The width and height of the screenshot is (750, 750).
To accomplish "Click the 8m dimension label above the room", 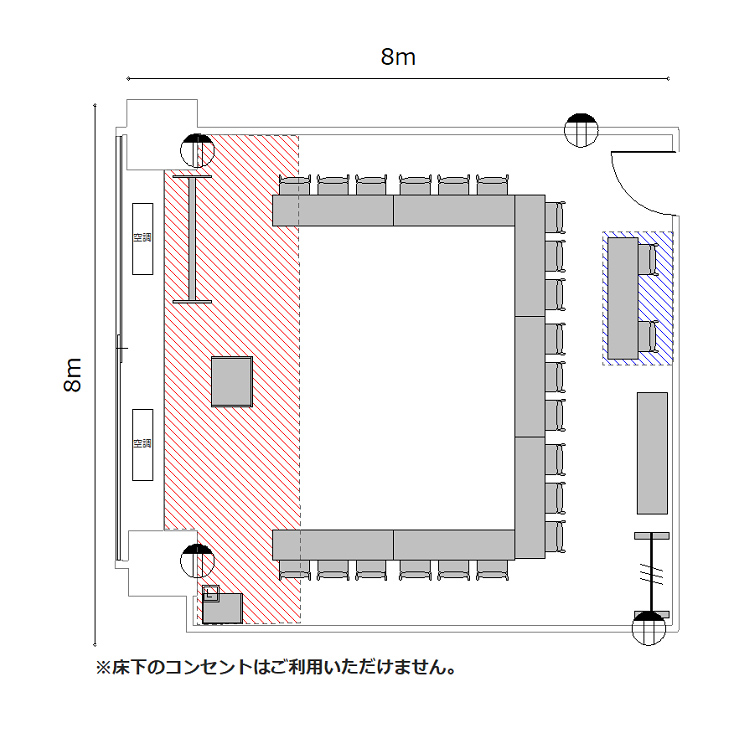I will (x=398, y=57).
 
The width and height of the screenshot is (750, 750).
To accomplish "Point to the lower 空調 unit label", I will (x=142, y=443).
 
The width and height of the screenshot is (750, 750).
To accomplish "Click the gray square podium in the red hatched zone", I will (x=231, y=381).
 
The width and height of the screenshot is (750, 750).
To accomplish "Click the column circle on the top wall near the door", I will (x=579, y=130).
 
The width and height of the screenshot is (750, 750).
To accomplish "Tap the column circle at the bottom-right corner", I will (x=650, y=630).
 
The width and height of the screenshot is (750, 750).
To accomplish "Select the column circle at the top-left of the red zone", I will (x=198, y=151).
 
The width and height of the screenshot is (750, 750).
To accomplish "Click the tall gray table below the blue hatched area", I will (x=652, y=452).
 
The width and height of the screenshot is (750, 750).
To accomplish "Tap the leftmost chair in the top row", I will (x=294, y=185).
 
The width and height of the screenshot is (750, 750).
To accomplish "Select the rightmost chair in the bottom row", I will (x=493, y=569).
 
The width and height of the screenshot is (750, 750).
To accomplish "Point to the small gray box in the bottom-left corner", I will (x=223, y=608).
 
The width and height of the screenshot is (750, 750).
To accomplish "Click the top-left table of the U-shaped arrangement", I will (x=333, y=211).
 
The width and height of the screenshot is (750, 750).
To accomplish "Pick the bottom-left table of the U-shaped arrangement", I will (x=333, y=545).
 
